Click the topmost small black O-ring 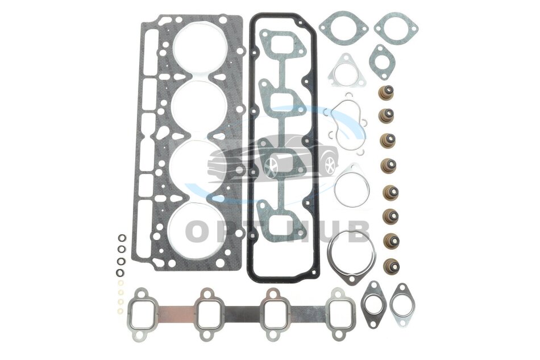pyautogui.click(x=122, y=238)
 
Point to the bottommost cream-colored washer pyautogui.click(x=121, y=311)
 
